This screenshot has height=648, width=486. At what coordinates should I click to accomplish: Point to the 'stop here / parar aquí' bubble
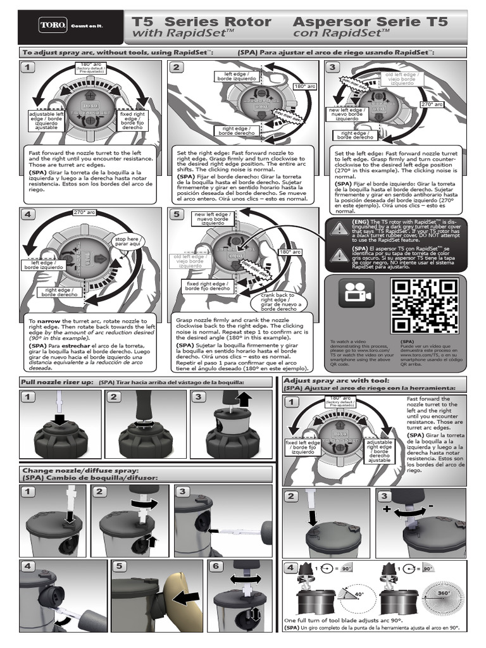point(127,241)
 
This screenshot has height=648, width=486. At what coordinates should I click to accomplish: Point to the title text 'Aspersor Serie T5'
point(370,22)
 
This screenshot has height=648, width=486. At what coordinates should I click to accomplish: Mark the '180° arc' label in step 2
point(300,86)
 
